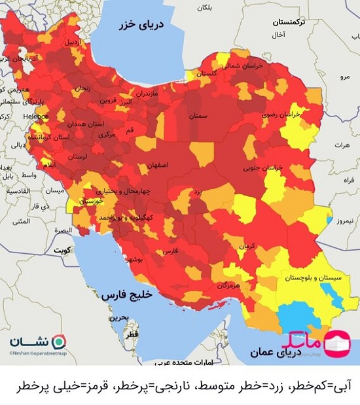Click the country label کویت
[x=62, y=250]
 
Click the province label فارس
[x=170, y=251]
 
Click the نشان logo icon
[x=58, y=342]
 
